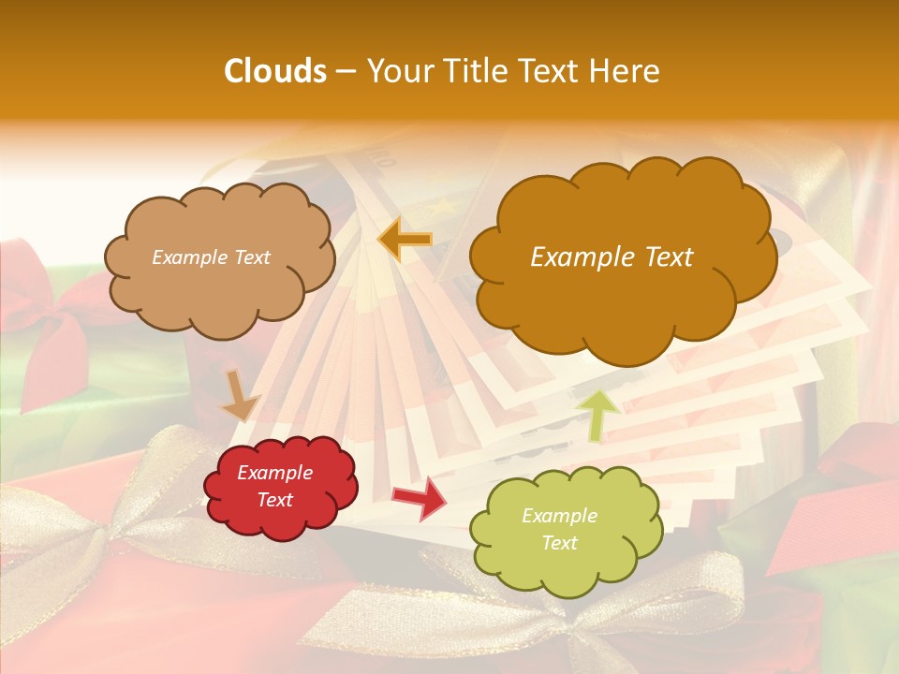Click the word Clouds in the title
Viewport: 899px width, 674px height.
[274, 71]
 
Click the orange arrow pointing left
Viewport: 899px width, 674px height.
[405, 240]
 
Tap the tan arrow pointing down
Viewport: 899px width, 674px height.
[240, 395]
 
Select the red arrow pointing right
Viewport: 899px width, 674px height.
[419, 498]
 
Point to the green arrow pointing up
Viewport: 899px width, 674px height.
[598, 415]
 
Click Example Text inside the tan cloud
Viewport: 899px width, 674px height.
[211, 257]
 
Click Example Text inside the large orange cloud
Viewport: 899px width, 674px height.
[612, 257]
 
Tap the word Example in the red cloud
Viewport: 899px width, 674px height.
[274, 473]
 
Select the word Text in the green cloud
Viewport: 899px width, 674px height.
[559, 543]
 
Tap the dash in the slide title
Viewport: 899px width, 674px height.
[345, 71]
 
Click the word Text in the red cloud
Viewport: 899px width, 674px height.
[274, 500]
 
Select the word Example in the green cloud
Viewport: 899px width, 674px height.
[559, 516]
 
